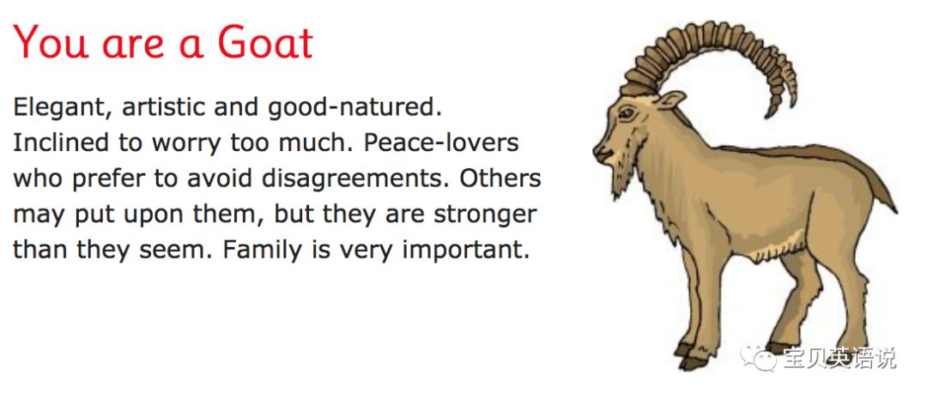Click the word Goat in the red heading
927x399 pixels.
265,42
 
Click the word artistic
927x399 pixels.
164,107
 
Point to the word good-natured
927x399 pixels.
354,108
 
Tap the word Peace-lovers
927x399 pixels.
441,143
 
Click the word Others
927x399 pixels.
500,178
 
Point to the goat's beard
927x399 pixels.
620,179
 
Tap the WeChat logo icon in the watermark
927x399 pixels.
758,356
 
